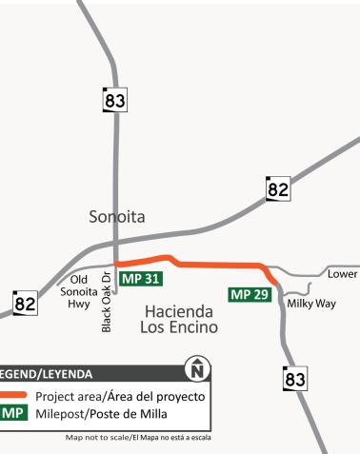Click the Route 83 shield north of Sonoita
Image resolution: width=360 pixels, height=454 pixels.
(115, 100)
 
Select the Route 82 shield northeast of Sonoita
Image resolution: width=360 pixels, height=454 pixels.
(277, 188)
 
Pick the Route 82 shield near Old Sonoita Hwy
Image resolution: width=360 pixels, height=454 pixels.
(25, 304)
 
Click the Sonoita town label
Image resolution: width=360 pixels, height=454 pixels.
(116, 217)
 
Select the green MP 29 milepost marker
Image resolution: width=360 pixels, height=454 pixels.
(250, 293)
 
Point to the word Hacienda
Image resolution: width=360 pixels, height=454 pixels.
(181, 310)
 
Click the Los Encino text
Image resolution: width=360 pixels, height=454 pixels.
(181, 327)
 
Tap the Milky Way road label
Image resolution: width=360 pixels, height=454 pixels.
(311, 304)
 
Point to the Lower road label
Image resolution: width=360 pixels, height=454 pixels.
(342, 273)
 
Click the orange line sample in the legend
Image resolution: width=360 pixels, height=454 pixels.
(12, 395)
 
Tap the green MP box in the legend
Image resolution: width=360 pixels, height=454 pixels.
(12, 414)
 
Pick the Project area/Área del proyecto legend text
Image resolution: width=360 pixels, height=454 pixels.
(120, 395)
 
